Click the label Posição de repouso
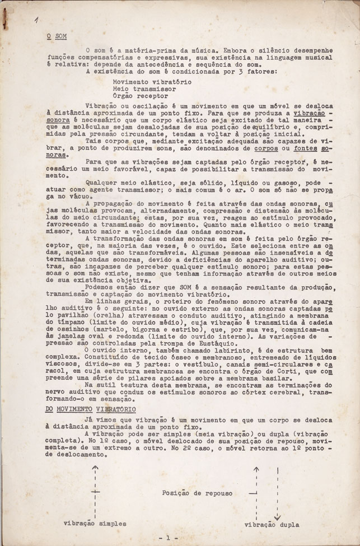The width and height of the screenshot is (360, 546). (x=191, y=492)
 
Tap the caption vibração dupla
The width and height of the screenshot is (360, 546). (x=273, y=525)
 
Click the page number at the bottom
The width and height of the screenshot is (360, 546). (x=166, y=538)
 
